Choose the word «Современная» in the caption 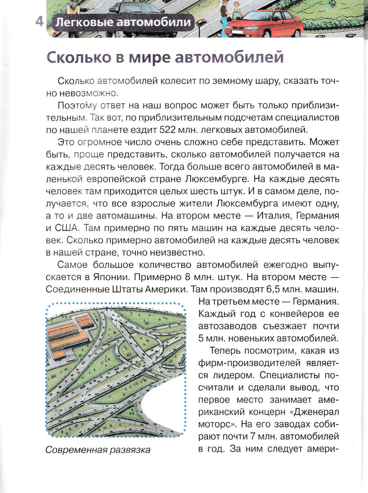tap(75, 451)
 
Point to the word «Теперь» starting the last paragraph tap(225, 350)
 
